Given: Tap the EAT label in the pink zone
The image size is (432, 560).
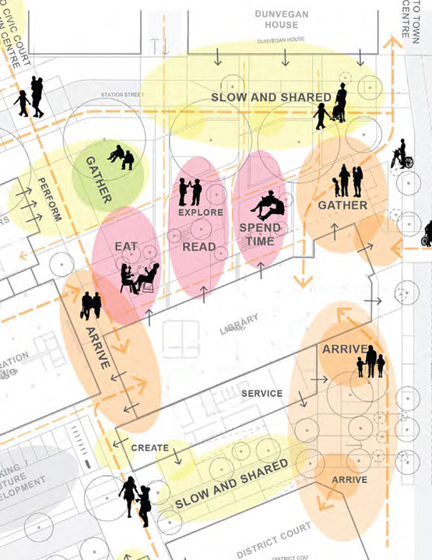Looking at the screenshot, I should (x=126, y=247).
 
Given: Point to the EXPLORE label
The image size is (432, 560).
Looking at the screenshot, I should (x=200, y=212).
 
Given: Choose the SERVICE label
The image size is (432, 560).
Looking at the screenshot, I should (x=262, y=393).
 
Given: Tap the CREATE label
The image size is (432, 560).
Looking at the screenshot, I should (x=150, y=448).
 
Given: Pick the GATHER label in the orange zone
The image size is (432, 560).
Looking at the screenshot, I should (x=342, y=206).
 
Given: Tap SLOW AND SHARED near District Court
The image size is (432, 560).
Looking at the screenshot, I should (x=232, y=484).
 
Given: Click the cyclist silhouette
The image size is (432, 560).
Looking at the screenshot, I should (x=400, y=155).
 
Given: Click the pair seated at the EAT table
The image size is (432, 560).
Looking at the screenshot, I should (x=139, y=278).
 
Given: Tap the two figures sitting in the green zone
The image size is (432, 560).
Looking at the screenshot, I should (x=121, y=157).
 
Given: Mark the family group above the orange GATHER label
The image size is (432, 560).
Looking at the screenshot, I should (x=347, y=181).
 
